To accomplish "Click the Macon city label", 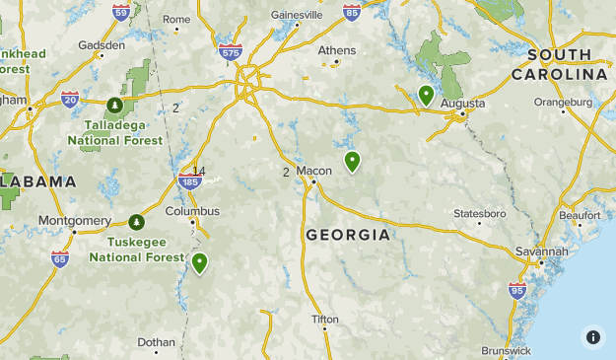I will point(321,170).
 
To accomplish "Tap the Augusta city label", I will point(462,103).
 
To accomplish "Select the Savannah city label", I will point(541,252).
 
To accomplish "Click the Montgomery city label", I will point(74,220).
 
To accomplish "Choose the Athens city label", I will point(336,50).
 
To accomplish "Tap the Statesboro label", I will point(479,213).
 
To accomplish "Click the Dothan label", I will point(156,342).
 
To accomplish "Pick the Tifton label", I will point(324,320).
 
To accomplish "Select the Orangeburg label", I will point(563,102).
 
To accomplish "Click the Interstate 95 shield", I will point(517,290).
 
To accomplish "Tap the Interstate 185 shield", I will point(190,181).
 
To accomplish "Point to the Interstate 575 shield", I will point(231,52).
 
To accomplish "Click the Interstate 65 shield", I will point(60,258).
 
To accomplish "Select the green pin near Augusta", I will point(426,95).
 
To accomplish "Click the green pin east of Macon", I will point(352,161).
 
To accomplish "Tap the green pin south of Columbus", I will point(200,262).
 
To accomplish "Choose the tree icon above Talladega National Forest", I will point(115,104).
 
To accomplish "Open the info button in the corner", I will point(592,336).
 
